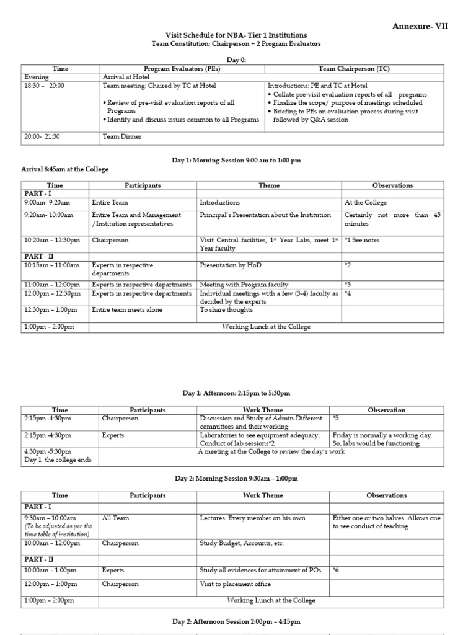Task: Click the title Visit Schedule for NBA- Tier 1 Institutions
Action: [236, 36]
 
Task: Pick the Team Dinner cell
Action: [122, 136]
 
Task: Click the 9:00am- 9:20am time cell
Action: [46, 203]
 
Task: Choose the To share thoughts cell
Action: [226, 310]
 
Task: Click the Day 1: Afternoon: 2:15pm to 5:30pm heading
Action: [236, 393]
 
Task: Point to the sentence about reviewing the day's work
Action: [271, 451]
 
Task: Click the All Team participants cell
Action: [113, 518]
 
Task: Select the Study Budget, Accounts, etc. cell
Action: [242, 543]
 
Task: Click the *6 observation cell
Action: [336, 570]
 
